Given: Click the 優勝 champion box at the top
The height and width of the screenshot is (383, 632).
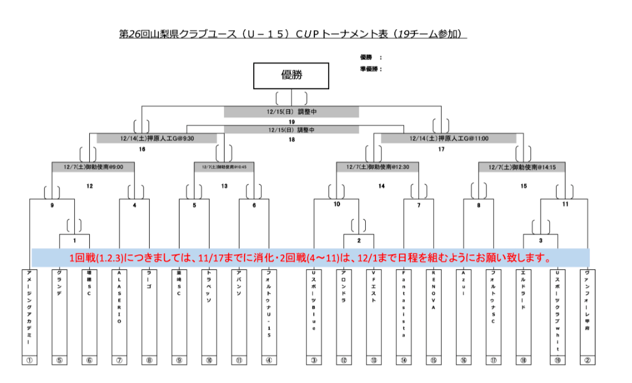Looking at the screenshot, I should click(x=291, y=76).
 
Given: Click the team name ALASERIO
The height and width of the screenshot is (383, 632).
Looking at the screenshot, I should click(x=119, y=297).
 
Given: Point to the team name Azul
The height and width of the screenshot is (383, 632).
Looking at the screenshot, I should click(x=463, y=283).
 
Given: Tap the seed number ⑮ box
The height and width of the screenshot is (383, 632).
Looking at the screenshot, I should click(x=434, y=360).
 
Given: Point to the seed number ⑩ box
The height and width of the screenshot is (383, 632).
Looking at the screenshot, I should click(x=209, y=360).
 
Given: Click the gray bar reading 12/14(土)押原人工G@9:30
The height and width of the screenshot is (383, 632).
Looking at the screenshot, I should click(x=157, y=138).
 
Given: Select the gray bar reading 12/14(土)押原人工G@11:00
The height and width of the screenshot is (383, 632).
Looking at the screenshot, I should click(x=449, y=138).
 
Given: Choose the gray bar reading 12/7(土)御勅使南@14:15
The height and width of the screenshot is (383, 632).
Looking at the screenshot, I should click(x=522, y=167).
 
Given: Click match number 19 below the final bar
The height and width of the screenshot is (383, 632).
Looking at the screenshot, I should click(x=291, y=122).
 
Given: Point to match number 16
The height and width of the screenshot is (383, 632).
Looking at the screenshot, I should click(x=142, y=149).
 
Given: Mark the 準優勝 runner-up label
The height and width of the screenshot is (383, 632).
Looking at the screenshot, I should click(x=370, y=69).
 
